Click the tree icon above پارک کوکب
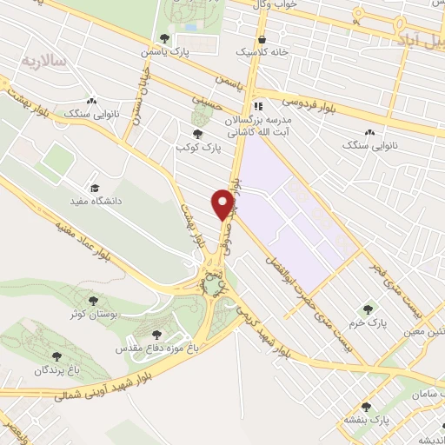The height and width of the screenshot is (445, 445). click(x=199, y=134)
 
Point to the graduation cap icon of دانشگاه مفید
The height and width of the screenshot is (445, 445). click(x=94, y=187)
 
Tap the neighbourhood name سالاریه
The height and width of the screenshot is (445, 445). click(x=38, y=60)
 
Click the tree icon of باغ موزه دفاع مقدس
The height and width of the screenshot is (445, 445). click(x=156, y=334)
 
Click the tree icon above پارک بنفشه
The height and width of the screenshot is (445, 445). click(x=365, y=406)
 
